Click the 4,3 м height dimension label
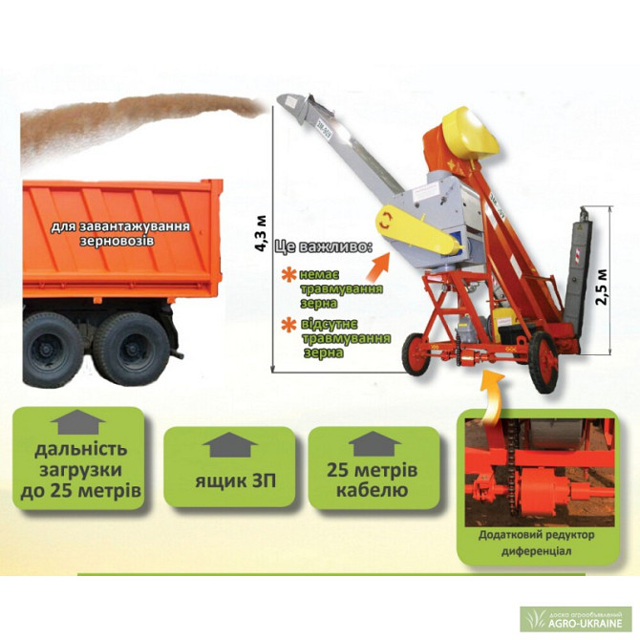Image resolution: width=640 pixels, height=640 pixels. pyautogui.click(x=260, y=233)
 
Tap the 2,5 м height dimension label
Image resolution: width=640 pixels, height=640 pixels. pyautogui.click(x=603, y=287)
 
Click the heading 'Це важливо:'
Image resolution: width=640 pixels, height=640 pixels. pyautogui.click(x=324, y=247)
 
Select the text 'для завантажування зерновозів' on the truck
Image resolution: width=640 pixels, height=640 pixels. pyautogui.click(x=120, y=233)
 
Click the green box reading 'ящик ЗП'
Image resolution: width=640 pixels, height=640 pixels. pyautogui.click(x=229, y=466)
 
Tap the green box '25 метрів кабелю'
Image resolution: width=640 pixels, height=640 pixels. pyautogui.click(x=373, y=468)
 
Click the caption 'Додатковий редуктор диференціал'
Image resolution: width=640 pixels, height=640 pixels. pyautogui.click(x=536, y=543)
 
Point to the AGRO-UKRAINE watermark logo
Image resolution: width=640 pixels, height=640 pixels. pyautogui.click(x=575, y=619)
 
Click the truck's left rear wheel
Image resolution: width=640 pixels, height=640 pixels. pyautogui.click(x=51, y=350)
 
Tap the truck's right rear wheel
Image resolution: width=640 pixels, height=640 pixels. pyautogui.click(x=132, y=349)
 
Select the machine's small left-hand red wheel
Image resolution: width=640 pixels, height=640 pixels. pyautogui.click(x=416, y=353)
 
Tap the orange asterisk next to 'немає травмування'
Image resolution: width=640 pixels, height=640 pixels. pyautogui.click(x=289, y=275)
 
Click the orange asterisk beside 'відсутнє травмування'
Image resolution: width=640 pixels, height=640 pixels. pyautogui.click(x=289, y=325)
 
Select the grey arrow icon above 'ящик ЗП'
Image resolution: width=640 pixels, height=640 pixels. pyautogui.click(x=230, y=444)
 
